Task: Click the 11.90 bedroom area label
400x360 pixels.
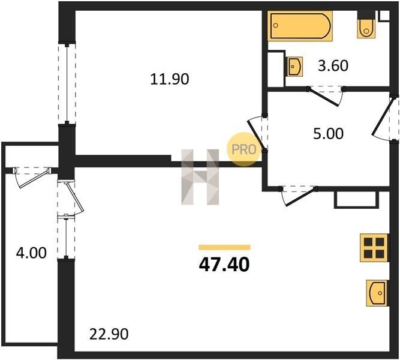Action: point(170,79)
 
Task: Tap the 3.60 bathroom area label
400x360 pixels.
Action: point(333,65)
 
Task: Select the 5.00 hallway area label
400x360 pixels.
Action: point(328,134)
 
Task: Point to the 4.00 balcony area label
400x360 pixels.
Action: point(31,253)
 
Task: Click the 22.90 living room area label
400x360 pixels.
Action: point(109,334)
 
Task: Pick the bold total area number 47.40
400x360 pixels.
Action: point(224,265)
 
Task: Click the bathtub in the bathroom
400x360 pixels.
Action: point(300,26)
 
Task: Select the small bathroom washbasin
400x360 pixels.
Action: point(295,67)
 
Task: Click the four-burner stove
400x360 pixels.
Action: point(374,248)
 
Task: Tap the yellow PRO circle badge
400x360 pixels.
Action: point(244,149)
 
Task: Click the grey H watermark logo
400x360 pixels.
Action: point(200,177)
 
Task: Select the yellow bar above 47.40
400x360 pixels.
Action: point(224,247)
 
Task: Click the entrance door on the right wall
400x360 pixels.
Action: point(385,118)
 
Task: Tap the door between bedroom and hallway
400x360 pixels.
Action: point(258,134)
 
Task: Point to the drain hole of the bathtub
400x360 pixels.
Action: point(275,25)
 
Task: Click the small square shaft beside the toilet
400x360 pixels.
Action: point(384,16)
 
